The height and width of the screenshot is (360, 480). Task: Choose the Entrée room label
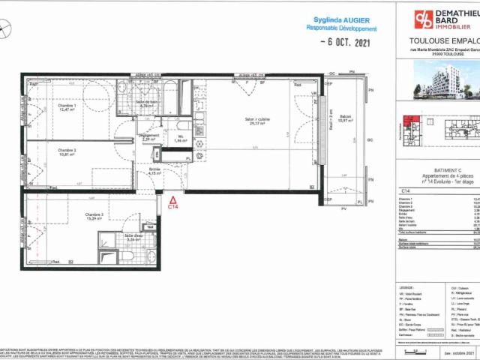[x=154, y=170]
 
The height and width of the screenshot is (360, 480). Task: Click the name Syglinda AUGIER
[x=338, y=19]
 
